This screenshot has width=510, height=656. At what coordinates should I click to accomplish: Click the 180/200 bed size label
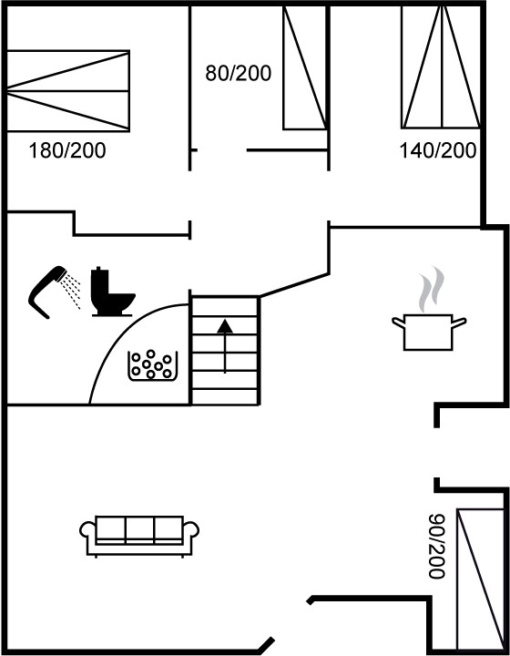click(x=66, y=150)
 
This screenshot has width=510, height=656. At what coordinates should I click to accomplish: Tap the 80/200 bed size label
click(x=238, y=73)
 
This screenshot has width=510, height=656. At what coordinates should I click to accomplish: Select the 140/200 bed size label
click(x=438, y=150)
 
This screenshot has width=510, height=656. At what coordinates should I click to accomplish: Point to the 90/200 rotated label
click(x=436, y=546)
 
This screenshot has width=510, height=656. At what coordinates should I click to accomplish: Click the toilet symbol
click(x=112, y=292)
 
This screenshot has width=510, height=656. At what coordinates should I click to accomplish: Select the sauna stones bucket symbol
click(x=153, y=366)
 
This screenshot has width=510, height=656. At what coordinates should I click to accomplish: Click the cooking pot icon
click(x=429, y=332)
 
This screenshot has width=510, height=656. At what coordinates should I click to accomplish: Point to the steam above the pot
click(x=431, y=290)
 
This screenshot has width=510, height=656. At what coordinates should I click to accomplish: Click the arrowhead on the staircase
click(x=225, y=326)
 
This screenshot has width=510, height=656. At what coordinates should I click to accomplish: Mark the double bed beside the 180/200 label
click(x=68, y=91)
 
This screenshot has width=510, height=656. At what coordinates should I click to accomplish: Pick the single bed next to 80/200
click(x=305, y=67)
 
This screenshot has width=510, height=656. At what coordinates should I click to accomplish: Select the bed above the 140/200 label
click(x=441, y=67)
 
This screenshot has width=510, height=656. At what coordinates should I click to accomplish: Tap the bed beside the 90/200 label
click(x=480, y=579)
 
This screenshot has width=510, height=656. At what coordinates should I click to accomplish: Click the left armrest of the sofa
click(x=87, y=531)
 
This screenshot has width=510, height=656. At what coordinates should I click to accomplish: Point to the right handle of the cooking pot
click(x=459, y=323)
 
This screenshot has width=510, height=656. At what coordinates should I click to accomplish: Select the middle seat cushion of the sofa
click(x=139, y=530)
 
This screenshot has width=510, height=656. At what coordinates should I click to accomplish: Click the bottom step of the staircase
click(x=225, y=397)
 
